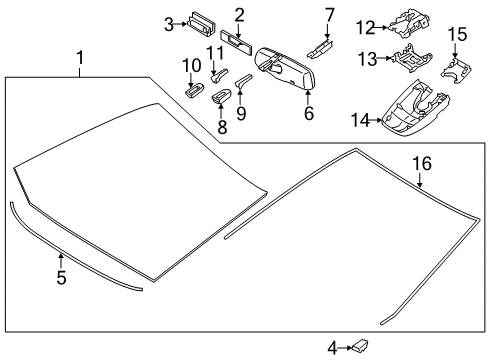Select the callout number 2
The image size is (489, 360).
click(x=240, y=14)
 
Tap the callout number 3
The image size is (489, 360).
click(x=169, y=21)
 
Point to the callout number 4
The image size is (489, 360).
click(x=333, y=347)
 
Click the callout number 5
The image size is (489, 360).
click(x=61, y=278)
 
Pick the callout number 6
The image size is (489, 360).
click(x=308, y=114)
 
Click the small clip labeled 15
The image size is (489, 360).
click(x=455, y=66)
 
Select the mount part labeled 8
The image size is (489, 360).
click(x=224, y=97)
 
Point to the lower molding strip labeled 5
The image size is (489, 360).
click(x=70, y=252)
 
